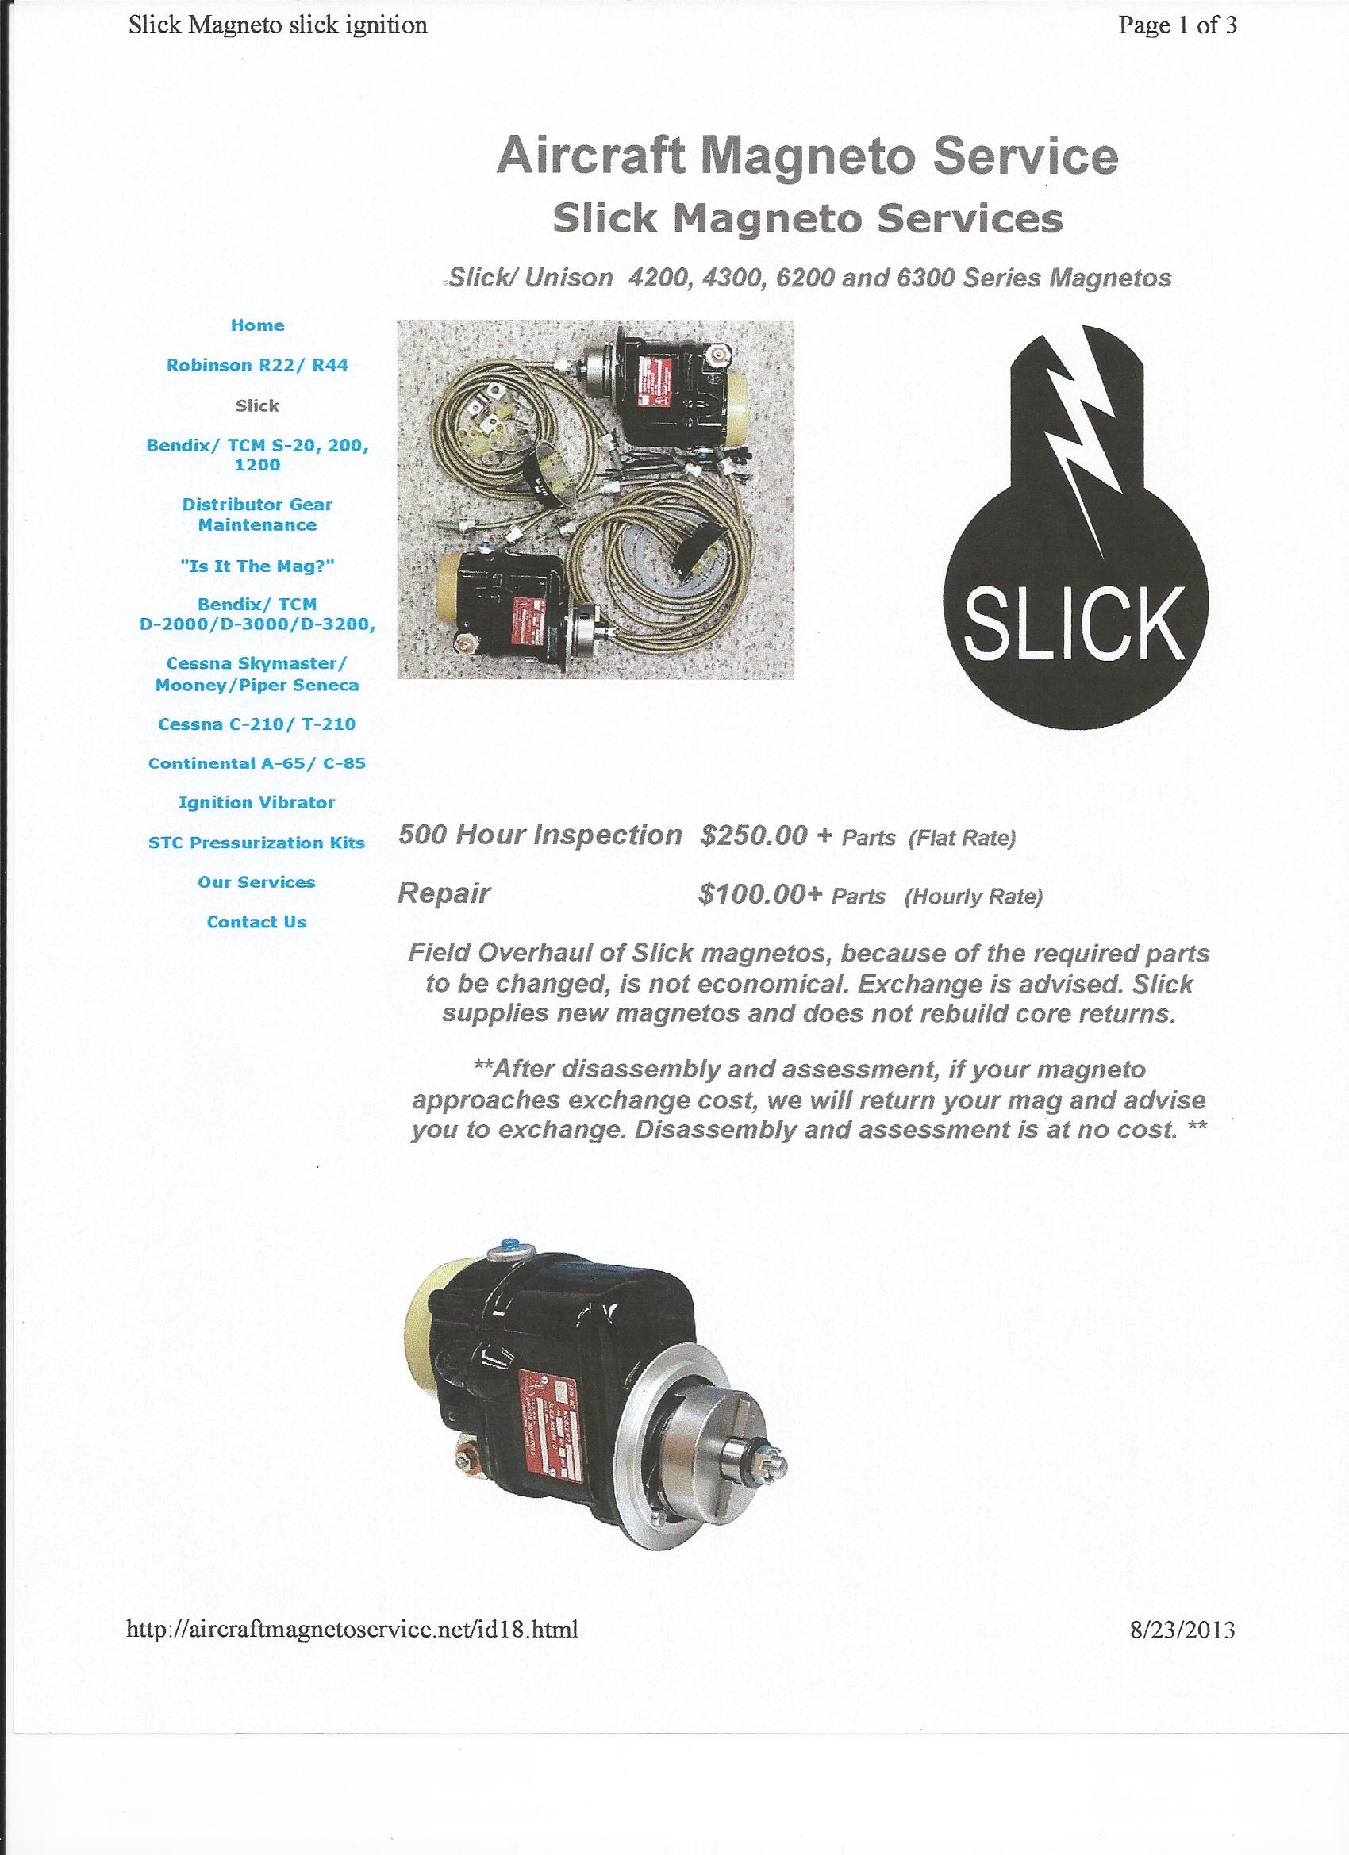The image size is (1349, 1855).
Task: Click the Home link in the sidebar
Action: tap(257, 325)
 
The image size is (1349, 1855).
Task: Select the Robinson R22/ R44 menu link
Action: tap(257, 366)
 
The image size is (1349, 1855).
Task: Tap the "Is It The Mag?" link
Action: tap(257, 566)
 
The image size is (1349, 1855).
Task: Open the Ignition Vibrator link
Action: tap(257, 802)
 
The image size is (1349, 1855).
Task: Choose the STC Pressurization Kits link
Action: tap(257, 843)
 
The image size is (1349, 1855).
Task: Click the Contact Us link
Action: tap(257, 922)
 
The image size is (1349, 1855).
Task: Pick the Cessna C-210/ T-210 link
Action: tap(257, 724)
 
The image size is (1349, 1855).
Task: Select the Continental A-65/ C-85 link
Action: tap(257, 763)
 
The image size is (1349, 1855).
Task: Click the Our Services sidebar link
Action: tap(257, 881)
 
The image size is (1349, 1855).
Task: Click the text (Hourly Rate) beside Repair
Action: tap(973, 897)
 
